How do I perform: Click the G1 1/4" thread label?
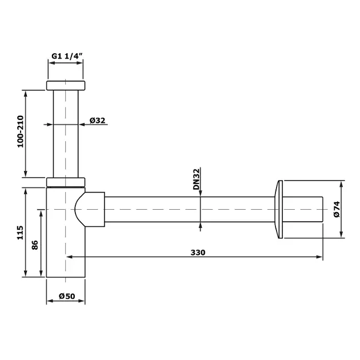67,56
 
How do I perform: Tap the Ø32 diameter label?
97,121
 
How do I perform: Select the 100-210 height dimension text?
21,131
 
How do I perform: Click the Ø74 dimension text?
337,209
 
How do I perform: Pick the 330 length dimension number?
198,253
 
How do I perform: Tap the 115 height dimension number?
20,233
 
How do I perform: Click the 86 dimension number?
35,245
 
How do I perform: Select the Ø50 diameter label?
67,296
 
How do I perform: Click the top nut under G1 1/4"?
66,85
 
